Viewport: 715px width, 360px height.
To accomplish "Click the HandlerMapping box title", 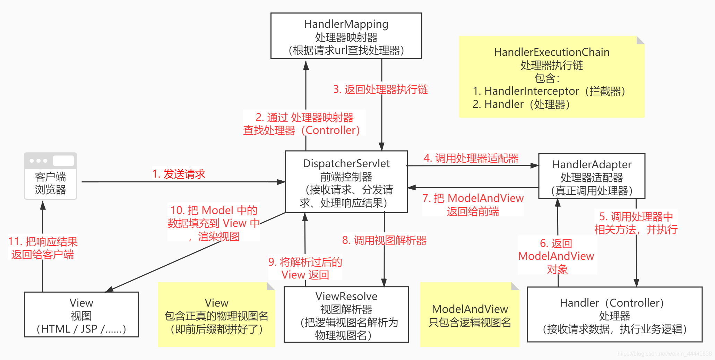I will pyautogui.click(x=346, y=24).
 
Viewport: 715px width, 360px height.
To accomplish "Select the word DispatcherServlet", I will pyautogui.click(x=346, y=163).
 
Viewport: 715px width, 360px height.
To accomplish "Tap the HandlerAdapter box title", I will pyautogui.click(x=592, y=164).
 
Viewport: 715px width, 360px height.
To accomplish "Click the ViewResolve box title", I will pyautogui.click(x=346, y=296).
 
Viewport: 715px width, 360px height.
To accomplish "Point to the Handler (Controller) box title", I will pyautogui.click(x=612, y=303).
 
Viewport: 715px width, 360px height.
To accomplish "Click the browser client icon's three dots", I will pyautogui.click(x=38, y=161).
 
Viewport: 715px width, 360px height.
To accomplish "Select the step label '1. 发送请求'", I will pyautogui.click(x=179, y=174).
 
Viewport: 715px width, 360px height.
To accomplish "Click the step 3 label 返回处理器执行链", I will pyautogui.click(x=380, y=89).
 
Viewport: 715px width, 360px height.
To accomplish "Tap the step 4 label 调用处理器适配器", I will pyautogui.click(x=471, y=158).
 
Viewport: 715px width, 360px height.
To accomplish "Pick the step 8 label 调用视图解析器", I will pyautogui.click(x=384, y=240).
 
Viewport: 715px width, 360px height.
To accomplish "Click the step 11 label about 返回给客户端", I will pyautogui.click(x=42, y=248).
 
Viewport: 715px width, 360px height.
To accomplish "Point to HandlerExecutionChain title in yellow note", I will pyautogui.click(x=551, y=52).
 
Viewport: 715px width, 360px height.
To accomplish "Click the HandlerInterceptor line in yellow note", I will pyautogui.click(x=549, y=91).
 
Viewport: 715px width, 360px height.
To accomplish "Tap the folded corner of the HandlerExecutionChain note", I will pyautogui.click(x=640, y=40).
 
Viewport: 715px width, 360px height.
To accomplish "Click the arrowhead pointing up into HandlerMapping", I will pyautogui.click(x=306, y=65).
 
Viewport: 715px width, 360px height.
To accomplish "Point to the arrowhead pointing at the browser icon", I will pyautogui.click(x=43, y=205).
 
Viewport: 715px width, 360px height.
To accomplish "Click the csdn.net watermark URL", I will pyautogui.click(x=664, y=353).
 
